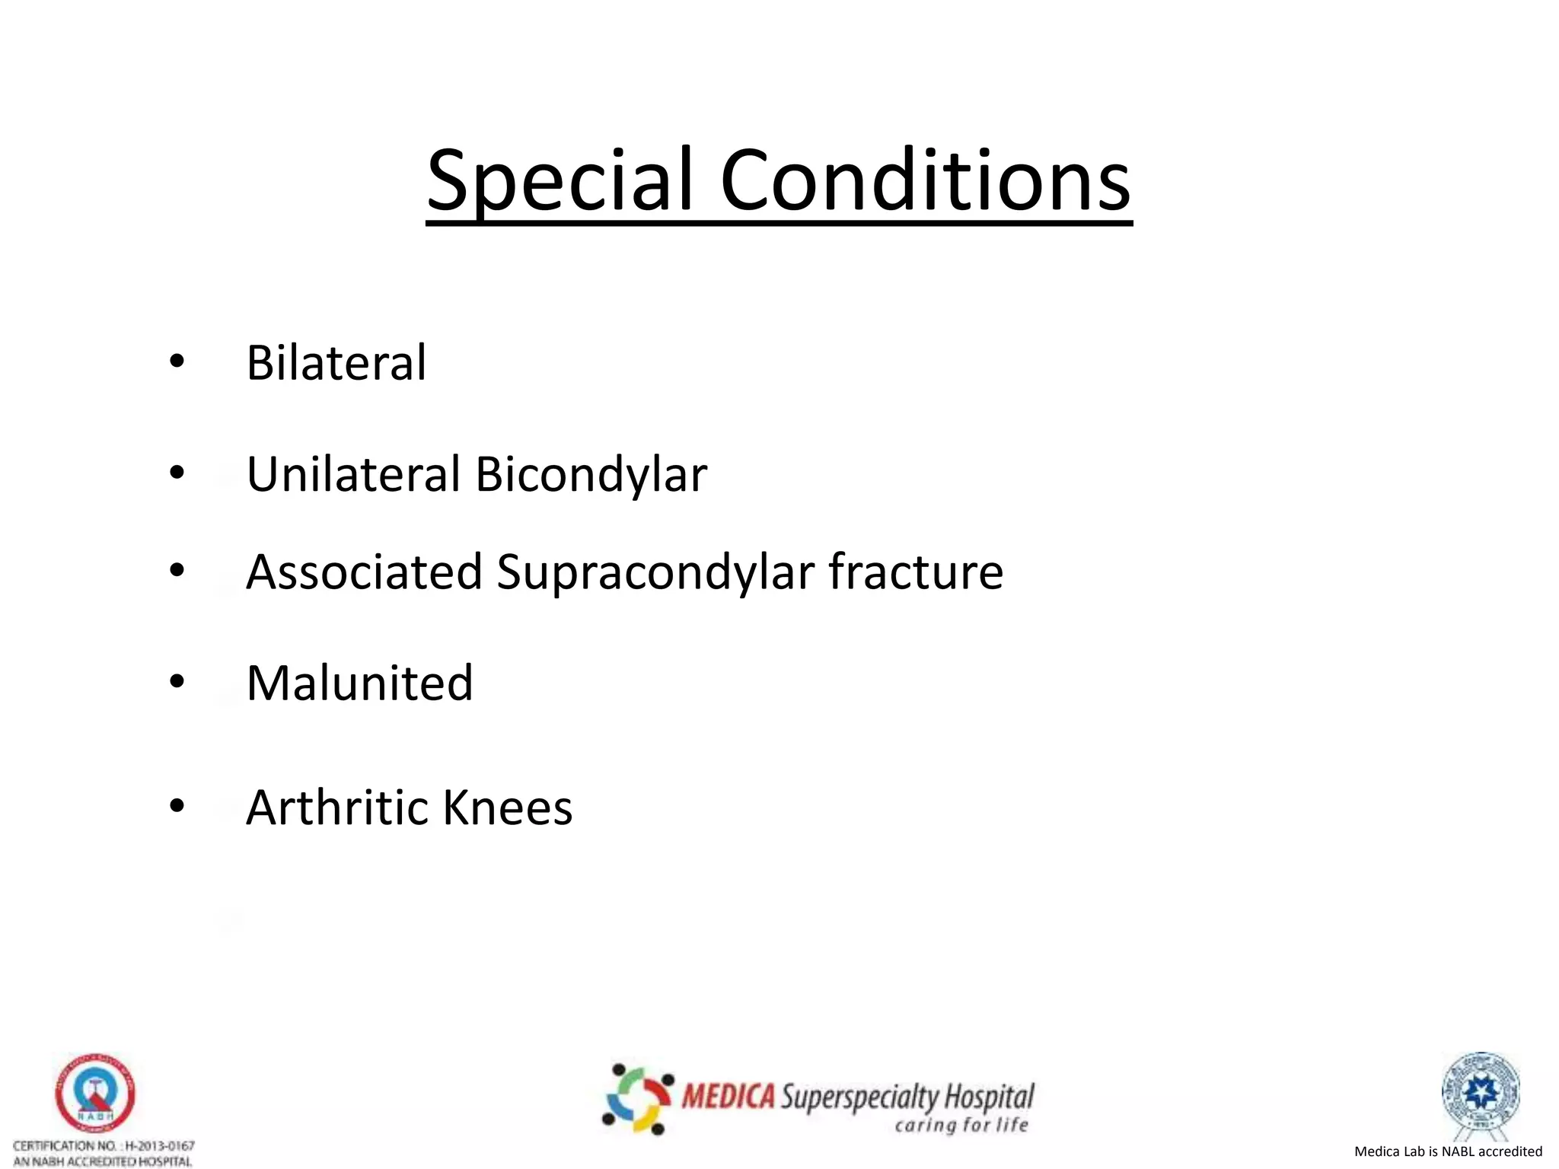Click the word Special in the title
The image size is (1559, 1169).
click(x=560, y=181)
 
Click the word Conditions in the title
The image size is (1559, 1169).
click(x=925, y=181)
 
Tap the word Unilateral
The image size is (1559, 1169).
click(x=353, y=474)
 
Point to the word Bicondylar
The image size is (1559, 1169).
click(x=591, y=474)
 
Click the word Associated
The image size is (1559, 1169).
click(x=365, y=572)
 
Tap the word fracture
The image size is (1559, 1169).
click(x=916, y=572)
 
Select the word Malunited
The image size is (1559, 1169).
click(x=359, y=683)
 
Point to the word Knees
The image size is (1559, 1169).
click(x=507, y=807)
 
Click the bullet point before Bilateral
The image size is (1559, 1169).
click(x=177, y=362)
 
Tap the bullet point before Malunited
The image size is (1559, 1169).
click(x=177, y=681)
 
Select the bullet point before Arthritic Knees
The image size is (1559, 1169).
click(x=177, y=806)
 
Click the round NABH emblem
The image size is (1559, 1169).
click(x=95, y=1093)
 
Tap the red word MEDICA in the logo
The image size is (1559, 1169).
click(x=728, y=1097)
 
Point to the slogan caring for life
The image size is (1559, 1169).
click(x=961, y=1125)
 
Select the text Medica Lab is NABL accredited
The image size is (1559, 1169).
click(x=1448, y=1151)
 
